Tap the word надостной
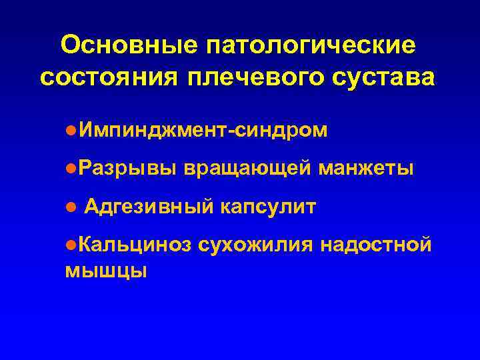click(377, 246)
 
